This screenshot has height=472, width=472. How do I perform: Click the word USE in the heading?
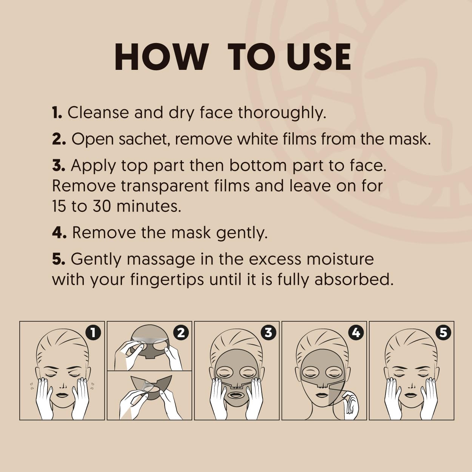pos(319,57)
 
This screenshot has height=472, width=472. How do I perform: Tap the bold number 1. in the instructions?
pos(57,113)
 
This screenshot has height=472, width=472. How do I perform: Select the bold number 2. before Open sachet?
pos(59,139)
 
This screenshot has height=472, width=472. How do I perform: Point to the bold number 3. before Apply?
pos(59,165)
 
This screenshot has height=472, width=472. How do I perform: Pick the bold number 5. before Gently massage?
pos(59,259)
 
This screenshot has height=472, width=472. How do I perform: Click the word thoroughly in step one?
pos(282,113)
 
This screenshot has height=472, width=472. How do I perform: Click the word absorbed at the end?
pos(354,279)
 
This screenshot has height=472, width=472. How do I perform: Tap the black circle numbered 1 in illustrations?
pos(93,332)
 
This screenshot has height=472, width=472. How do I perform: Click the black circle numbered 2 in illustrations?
pos(181,332)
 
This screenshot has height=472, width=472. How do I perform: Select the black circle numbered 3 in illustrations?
pos(268,332)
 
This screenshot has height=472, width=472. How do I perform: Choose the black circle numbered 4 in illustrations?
pos(356,332)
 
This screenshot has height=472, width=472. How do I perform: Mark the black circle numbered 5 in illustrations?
pos(443,332)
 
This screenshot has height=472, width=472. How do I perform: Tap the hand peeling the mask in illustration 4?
pos(350,404)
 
